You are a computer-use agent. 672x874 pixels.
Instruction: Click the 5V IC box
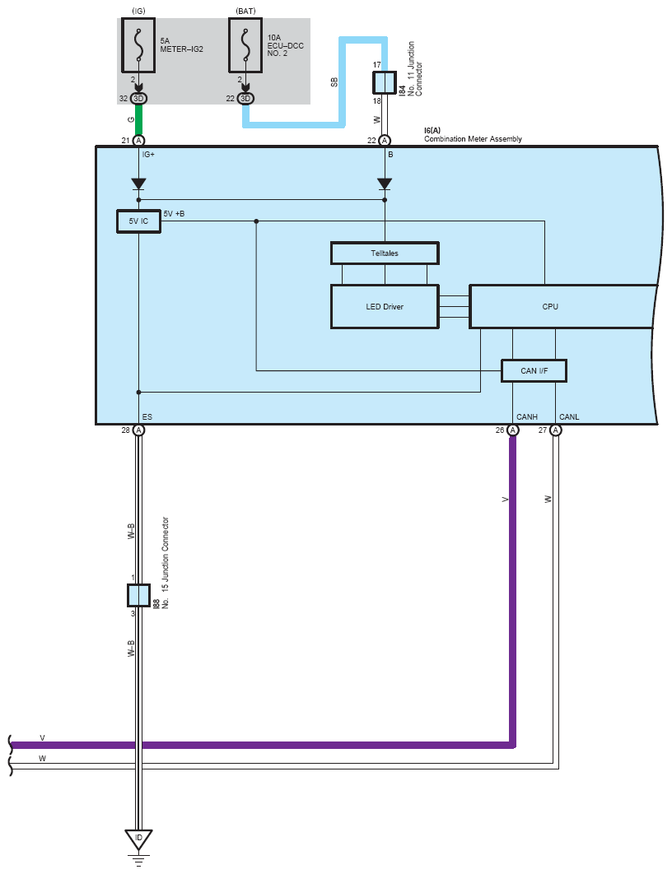[x=138, y=221]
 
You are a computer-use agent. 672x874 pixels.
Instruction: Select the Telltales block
[x=385, y=253]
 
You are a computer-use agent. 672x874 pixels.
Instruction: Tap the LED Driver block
[x=385, y=307]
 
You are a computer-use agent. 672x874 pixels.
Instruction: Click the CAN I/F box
[x=534, y=371]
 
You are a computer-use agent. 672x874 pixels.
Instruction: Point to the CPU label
[x=550, y=307]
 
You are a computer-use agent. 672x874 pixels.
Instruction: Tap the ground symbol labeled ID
[x=138, y=839]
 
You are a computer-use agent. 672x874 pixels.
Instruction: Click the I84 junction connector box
[x=385, y=82]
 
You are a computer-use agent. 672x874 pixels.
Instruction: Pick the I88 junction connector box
[x=138, y=594]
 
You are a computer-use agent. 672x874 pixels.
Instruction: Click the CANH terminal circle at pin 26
[x=513, y=430]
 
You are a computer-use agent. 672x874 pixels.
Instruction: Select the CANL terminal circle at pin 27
[x=556, y=430]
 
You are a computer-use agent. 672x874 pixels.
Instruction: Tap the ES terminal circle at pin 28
[x=138, y=430]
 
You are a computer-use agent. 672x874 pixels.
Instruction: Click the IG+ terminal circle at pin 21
[x=138, y=141]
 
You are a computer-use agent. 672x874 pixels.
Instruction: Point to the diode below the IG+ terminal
[x=138, y=184]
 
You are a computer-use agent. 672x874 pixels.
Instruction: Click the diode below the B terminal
[x=385, y=184]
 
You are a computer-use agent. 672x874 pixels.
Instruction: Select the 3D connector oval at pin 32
[x=138, y=99]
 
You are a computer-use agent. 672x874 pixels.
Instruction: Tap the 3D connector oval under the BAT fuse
[x=245, y=99]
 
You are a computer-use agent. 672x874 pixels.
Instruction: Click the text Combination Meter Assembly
[x=473, y=139]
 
